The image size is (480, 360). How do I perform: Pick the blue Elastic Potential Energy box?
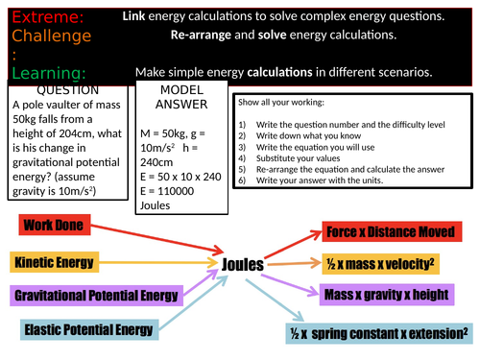(x=86, y=330)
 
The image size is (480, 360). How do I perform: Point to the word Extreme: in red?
(x=35, y=17)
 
